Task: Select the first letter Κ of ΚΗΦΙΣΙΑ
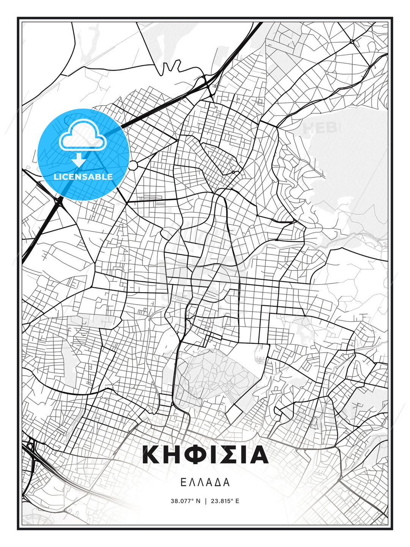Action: [151, 455]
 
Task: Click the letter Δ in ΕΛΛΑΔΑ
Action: [218, 482]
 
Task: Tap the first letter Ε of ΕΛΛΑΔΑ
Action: [183, 482]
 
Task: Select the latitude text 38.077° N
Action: [185, 501]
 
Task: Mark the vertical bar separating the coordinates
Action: [205, 501]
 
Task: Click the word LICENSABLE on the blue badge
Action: [83, 177]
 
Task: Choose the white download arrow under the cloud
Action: [79, 160]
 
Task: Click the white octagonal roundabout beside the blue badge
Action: [133, 165]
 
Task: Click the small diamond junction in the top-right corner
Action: [352, 41]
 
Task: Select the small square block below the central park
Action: [235, 412]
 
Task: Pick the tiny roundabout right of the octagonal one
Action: [233, 172]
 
